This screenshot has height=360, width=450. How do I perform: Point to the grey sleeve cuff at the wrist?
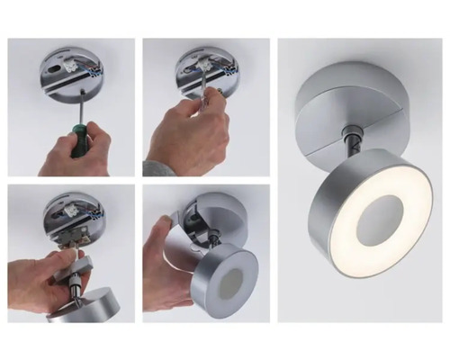154,168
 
